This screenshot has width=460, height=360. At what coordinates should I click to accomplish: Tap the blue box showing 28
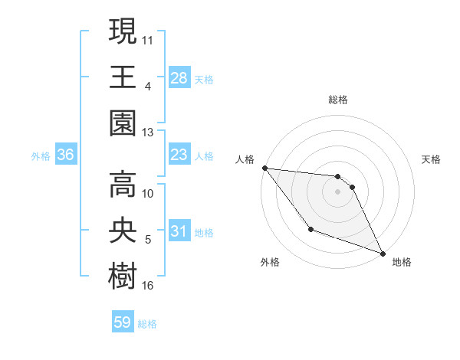(179, 77)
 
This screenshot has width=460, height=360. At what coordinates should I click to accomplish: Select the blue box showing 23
(179, 155)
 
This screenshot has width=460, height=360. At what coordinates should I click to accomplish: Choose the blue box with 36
(66, 155)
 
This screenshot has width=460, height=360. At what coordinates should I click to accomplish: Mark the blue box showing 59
(123, 322)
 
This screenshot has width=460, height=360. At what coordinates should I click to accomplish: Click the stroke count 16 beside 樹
(148, 286)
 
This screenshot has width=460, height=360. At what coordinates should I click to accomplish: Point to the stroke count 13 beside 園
(148, 133)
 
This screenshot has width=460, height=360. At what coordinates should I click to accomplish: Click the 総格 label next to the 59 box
(148, 324)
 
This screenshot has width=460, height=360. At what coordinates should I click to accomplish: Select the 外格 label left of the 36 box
(41, 156)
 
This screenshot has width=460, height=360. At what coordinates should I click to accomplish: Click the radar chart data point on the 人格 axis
(264, 168)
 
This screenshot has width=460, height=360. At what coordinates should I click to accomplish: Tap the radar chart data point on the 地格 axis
(383, 253)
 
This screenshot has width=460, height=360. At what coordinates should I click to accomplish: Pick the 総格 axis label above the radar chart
(337, 100)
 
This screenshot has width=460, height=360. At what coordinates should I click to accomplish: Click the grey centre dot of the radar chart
(337, 191)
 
